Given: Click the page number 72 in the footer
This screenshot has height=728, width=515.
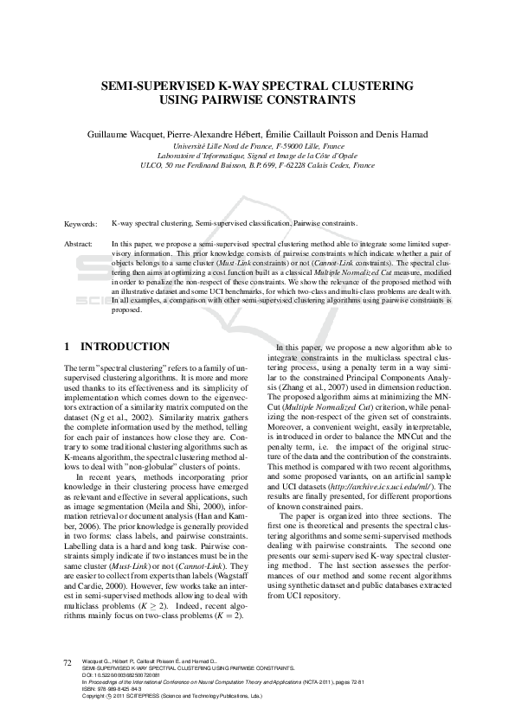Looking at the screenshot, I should pyautogui.click(x=68, y=662).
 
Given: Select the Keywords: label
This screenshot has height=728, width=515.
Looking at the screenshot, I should pyautogui.click(x=81, y=223).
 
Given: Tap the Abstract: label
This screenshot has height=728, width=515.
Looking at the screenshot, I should pyautogui.click(x=80, y=245).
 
